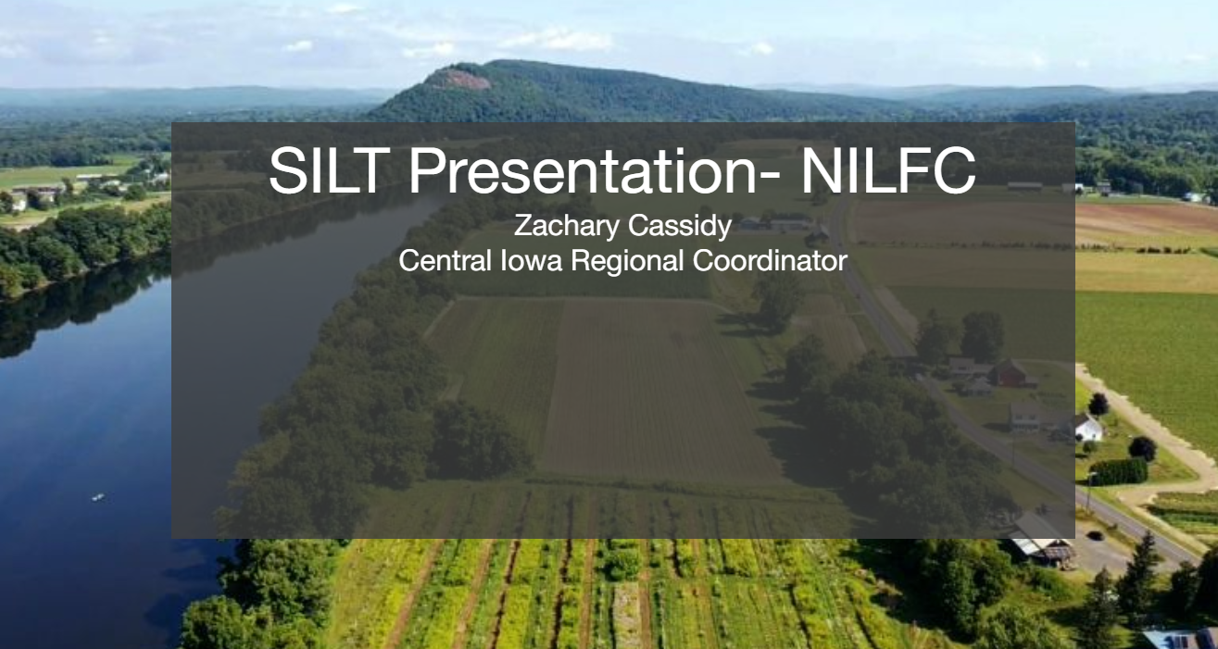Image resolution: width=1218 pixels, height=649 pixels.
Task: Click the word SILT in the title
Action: (x=330, y=170)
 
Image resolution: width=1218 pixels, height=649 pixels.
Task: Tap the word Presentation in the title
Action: (x=582, y=170)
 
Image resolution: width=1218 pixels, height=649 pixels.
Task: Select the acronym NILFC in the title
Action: (x=888, y=170)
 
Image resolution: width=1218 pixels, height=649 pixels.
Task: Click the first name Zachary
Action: (x=566, y=226)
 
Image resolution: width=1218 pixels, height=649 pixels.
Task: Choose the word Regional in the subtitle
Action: (x=627, y=262)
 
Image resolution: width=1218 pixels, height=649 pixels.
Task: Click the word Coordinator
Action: (x=770, y=261)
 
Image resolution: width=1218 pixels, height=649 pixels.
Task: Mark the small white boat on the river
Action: (x=98, y=497)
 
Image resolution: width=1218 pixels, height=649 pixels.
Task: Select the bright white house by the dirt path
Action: (x=1088, y=428)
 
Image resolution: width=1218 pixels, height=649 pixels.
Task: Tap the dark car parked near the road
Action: (x=1095, y=535)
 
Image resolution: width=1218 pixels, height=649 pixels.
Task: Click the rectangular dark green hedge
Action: (x=1119, y=472)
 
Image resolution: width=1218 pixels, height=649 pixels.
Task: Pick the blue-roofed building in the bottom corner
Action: (x=1181, y=639)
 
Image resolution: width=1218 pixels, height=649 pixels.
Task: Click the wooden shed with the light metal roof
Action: (x=1041, y=542)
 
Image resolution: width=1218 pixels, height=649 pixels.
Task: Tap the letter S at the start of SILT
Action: (x=289, y=170)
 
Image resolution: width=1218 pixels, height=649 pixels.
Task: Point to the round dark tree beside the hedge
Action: (x=1142, y=449)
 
